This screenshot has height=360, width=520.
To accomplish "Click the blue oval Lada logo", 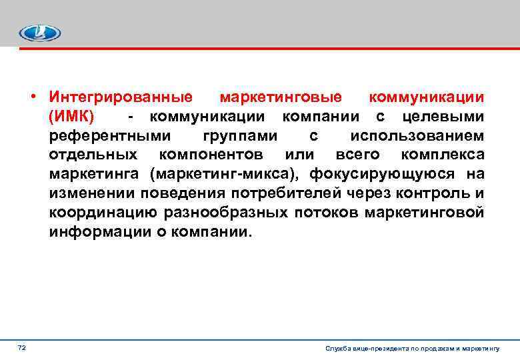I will pyautogui.click(x=39, y=33).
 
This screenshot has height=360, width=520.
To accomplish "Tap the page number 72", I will pyautogui.click(x=22, y=348).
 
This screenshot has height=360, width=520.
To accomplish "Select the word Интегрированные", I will pyautogui.click(x=121, y=98).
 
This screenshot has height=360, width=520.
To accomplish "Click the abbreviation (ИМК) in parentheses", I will pyautogui.click(x=71, y=117).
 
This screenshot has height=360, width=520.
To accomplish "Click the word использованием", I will pyautogui.click(x=417, y=137).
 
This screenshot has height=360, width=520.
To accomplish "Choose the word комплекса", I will pyautogui.click(x=443, y=156).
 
